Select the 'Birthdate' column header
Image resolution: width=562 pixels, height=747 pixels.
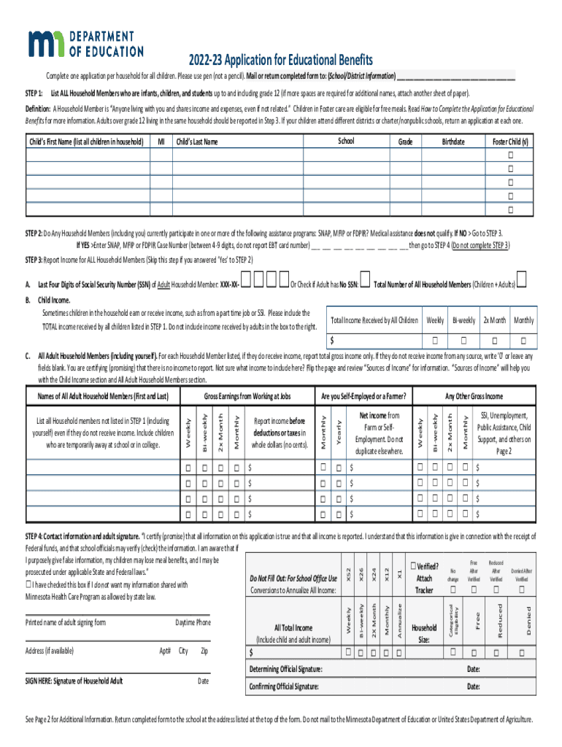click(x=453, y=142)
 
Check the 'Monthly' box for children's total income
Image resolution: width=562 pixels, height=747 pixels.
click(x=523, y=340)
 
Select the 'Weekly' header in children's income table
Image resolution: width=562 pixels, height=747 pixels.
click(x=435, y=320)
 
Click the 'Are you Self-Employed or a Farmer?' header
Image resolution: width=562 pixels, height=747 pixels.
click(x=363, y=396)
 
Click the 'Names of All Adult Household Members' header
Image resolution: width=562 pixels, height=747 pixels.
click(x=103, y=396)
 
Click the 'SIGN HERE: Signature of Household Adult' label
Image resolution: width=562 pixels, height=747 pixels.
click(x=74, y=681)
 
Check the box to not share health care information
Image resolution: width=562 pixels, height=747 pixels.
click(x=28, y=584)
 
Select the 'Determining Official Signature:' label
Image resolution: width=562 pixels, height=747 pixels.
click(x=285, y=669)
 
